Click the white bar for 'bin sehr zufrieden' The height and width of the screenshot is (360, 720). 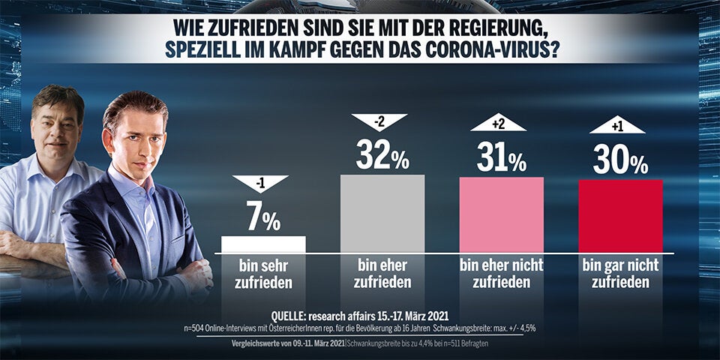[263, 244]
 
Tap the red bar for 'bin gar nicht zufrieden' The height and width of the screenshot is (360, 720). [620, 216]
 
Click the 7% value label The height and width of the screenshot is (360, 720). [263, 219]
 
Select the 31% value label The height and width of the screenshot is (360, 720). [501, 159]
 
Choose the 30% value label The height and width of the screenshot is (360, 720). [620, 161]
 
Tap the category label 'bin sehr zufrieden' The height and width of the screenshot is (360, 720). [263, 274]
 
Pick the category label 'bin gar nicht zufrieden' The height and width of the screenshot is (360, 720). [620, 274]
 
